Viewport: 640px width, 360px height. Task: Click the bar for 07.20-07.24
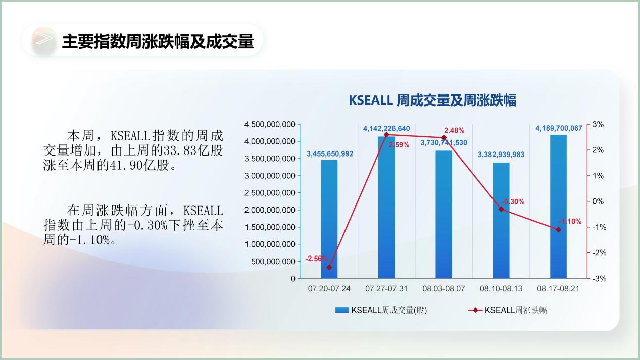(x=329, y=219)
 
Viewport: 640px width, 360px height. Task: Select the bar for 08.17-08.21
(x=558, y=207)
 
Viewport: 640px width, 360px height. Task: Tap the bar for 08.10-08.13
(x=501, y=221)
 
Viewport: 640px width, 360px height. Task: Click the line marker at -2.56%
(x=329, y=267)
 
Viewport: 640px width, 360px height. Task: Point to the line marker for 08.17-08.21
(x=558, y=230)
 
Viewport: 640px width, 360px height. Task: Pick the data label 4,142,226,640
(x=386, y=128)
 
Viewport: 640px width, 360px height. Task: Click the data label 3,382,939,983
(x=501, y=155)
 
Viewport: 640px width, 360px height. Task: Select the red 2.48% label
(x=454, y=130)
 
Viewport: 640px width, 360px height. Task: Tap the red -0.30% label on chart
(x=513, y=202)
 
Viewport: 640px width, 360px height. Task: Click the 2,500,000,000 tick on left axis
(x=270, y=193)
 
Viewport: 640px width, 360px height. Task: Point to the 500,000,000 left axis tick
(x=273, y=262)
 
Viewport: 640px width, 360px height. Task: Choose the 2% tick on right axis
(x=598, y=150)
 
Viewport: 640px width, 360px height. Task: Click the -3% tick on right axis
(x=599, y=279)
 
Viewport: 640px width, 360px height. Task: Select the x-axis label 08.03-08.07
(x=444, y=289)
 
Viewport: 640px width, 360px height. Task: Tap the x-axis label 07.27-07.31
(x=386, y=289)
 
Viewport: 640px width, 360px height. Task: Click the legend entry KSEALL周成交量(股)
(x=381, y=310)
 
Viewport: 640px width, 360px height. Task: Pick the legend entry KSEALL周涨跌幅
(x=508, y=310)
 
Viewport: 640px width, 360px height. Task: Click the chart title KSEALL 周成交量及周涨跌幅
(x=432, y=100)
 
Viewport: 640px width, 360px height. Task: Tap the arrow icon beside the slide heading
(x=44, y=39)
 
